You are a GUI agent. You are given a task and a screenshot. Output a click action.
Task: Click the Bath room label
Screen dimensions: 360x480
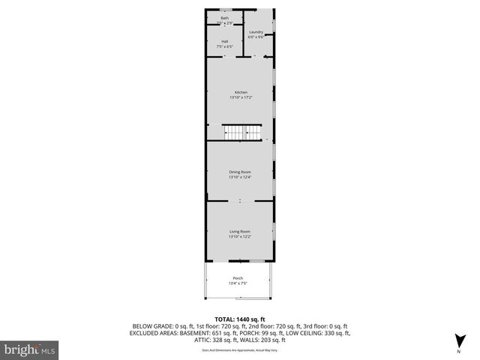pos(225,16)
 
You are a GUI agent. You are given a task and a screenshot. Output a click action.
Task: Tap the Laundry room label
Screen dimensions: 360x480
pos(256,32)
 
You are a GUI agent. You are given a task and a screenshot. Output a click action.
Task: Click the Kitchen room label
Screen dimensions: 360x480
pos(240,92)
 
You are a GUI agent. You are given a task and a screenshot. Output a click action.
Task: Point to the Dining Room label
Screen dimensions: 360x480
pos(240,172)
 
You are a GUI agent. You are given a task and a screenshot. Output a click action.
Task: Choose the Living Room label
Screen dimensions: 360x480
pos(240,232)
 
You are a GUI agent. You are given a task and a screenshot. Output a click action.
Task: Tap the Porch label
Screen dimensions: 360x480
pos(238,278)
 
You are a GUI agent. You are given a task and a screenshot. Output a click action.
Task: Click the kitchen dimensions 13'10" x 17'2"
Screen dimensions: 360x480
pos(240,97)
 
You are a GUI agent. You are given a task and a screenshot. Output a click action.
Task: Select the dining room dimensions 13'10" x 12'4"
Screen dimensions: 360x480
pos(240,177)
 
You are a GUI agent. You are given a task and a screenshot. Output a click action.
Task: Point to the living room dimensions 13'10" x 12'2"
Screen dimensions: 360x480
pos(240,237)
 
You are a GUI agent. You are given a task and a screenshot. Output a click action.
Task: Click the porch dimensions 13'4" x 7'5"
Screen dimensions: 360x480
pos(238,283)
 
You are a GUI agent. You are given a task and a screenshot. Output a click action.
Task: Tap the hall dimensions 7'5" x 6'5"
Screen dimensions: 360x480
pos(225,46)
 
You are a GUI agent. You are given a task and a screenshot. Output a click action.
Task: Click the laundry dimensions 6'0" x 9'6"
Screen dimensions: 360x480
pos(256,37)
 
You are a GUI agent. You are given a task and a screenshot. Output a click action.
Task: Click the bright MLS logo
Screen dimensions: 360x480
pos(30,349)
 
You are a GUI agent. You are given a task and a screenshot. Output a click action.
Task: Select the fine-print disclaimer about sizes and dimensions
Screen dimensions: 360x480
pos(240,350)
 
